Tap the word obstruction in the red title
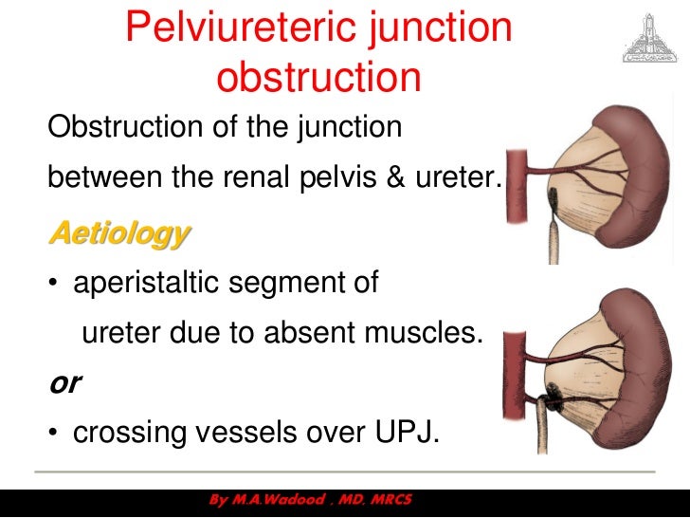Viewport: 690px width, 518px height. tap(318, 77)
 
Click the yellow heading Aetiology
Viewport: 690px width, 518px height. tap(119, 232)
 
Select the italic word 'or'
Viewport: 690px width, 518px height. tap(64, 382)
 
